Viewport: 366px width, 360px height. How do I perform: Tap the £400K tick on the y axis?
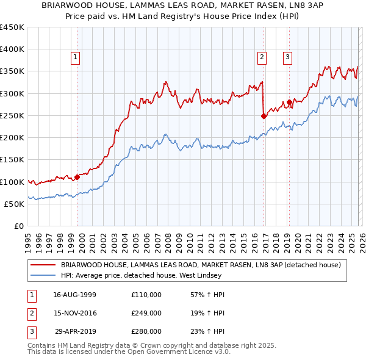pyautogui.click(x=12, y=49)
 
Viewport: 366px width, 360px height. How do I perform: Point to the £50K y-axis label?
pyautogui.click(x=13, y=204)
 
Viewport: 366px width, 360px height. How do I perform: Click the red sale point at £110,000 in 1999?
pyautogui.click(x=77, y=177)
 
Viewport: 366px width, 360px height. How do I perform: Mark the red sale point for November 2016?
pyautogui.click(x=264, y=116)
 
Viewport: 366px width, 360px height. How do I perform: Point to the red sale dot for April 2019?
pyautogui.click(x=289, y=102)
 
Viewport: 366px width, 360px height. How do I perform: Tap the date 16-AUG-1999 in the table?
pyautogui.click(x=75, y=295)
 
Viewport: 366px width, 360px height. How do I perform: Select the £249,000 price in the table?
pyautogui.click(x=146, y=313)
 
